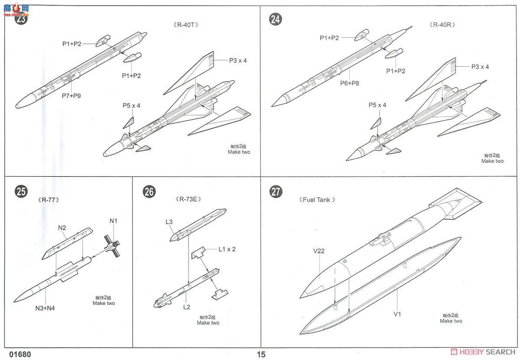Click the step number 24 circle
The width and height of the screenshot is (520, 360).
point(276,19)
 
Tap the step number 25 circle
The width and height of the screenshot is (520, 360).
point(20,191)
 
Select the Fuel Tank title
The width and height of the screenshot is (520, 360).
point(317,200)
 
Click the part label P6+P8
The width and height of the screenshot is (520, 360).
point(350,84)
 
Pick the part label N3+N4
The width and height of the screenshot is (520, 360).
point(45,308)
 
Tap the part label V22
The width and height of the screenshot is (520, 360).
point(319,250)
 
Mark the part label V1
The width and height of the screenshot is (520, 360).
point(397,314)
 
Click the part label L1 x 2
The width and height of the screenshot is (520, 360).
point(227,249)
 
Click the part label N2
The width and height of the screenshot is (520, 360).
point(62,227)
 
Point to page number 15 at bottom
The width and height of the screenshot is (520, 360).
point(260,354)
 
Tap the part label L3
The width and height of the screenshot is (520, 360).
point(169,222)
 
